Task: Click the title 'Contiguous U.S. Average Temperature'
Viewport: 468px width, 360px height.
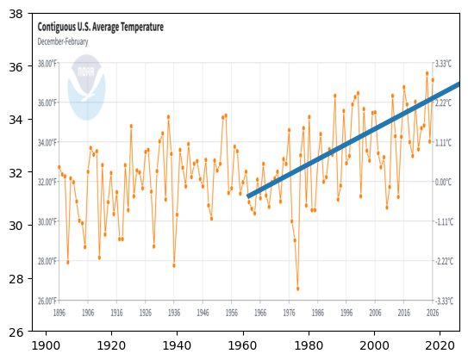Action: pos(100,28)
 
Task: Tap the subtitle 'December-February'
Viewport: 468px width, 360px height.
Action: pos(64,40)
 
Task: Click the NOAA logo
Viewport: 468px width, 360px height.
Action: pos(86,86)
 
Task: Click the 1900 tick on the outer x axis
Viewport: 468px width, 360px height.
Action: pos(46,345)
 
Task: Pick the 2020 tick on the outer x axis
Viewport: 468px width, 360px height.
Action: pos(440,345)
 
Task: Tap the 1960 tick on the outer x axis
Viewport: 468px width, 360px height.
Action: pos(243,345)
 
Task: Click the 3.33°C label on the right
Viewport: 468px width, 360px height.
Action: pos(443,65)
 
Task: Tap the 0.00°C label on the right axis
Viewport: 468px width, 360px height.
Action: pos(443,183)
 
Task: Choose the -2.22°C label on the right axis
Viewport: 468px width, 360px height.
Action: pos(443,261)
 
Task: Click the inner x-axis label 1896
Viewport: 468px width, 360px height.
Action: pos(59,313)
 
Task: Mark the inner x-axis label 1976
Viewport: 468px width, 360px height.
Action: pos(288,313)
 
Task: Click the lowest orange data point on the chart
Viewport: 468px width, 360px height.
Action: pos(297,289)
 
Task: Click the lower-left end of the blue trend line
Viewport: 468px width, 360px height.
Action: pos(248,196)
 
